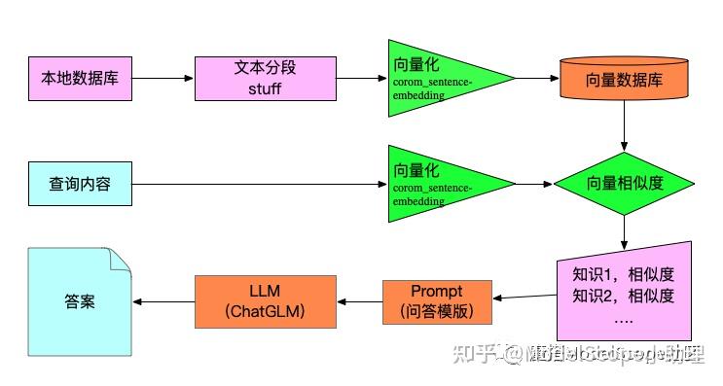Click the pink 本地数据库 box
(x=79, y=78)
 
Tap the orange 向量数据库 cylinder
(x=623, y=78)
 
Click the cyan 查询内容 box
(x=79, y=183)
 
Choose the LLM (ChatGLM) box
(x=265, y=300)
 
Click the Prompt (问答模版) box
(x=436, y=301)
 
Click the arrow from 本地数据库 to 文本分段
(x=163, y=78)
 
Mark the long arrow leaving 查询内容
(x=258, y=184)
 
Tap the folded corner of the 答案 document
(x=119, y=260)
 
